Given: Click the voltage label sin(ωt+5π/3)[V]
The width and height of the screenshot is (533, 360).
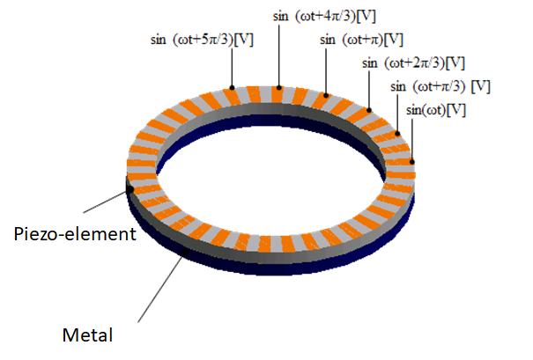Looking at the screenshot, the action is (x=202, y=40).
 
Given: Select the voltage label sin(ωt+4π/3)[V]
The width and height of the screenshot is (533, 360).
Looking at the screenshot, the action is (x=324, y=16).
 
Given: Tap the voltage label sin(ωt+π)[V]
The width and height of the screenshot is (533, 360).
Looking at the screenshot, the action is (x=361, y=40).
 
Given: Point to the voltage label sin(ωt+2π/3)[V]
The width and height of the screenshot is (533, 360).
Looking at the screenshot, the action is (x=413, y=62).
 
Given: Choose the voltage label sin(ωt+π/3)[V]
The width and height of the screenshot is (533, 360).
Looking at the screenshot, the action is (x=440, y=86).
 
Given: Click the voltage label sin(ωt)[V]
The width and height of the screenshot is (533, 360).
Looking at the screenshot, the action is (x=436, y=110).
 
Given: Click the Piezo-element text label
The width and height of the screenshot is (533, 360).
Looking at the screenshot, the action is (x=75, y=234).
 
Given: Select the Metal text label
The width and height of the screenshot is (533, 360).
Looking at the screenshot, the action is (x=87, y=335).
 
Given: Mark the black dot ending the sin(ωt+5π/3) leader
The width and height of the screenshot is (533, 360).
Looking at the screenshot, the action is (x=233, y=88).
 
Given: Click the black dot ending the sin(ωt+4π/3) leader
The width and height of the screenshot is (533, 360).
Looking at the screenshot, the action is (x=279, y=88).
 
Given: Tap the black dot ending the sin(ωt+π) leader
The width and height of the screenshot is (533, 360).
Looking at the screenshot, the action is (x=326, y=95).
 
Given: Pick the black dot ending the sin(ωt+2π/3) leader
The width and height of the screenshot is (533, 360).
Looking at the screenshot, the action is (x=369, y=110).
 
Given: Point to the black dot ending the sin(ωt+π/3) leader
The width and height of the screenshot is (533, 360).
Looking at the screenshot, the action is (x=397, y=134).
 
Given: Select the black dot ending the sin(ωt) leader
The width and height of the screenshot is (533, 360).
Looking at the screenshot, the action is (x=412, y=162).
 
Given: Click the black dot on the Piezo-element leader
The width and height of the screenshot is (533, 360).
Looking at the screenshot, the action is (x=130, y=189).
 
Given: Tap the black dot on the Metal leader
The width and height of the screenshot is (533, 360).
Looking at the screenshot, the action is (x=185, y=252).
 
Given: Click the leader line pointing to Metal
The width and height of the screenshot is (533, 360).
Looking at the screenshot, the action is (x=161, y=287).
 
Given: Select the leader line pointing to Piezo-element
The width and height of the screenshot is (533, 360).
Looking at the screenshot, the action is (x=107, y=201).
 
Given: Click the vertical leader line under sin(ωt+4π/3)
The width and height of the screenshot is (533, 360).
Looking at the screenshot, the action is (x=279, y=55).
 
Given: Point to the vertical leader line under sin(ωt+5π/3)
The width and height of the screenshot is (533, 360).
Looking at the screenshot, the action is (x=233, y=67).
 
